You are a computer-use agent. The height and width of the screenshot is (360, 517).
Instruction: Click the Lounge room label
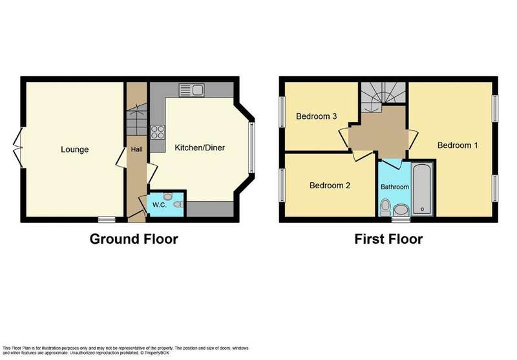pyautogui.click(x=74, y=150)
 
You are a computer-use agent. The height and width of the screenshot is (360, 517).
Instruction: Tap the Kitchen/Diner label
pyautogui.click(x=200, y=148)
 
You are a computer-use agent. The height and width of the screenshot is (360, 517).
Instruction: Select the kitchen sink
pyautogui.click(x=191, y=90)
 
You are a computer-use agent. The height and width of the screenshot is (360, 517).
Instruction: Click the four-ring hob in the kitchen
pyautogui.click(x=158, y=132)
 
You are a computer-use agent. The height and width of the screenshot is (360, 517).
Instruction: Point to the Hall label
pyautogui.click(x=137, y=149)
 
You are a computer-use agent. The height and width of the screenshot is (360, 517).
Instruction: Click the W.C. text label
pyautogui.click(x=159, y=205)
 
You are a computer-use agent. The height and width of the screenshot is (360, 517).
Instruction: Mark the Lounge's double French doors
pyautogui.click(x=18, y=148)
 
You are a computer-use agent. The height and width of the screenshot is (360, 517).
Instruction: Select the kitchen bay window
pyautogui.click(x=251, y=147)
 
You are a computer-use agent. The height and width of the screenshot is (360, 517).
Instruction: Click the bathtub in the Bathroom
pyautogui.click(x=422, y=189)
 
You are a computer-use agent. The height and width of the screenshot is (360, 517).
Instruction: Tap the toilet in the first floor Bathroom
pyautogui.click(x=385, y=208)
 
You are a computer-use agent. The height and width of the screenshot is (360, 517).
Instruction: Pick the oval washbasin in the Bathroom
pyautogui.click(x=401, y=210)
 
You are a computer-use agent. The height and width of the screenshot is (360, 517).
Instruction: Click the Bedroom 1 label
pyautogui.click(x=458, y=145)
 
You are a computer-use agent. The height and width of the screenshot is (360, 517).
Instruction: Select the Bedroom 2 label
pyautogui.click(x=330, y=185)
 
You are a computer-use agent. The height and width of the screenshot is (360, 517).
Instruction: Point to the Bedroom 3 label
pyautogui.click(x=316, y=116)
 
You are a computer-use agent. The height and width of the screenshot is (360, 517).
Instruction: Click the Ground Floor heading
pyautogui.click(x=134, y=239)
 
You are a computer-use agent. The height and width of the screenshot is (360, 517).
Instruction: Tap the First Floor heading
pyautogui.click(x=388, y=239)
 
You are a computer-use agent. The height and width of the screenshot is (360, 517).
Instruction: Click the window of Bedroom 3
pyautogui.click(x=282, y=112)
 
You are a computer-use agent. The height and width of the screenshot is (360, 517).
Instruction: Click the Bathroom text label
pyautogui.click(x=395, y=187)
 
